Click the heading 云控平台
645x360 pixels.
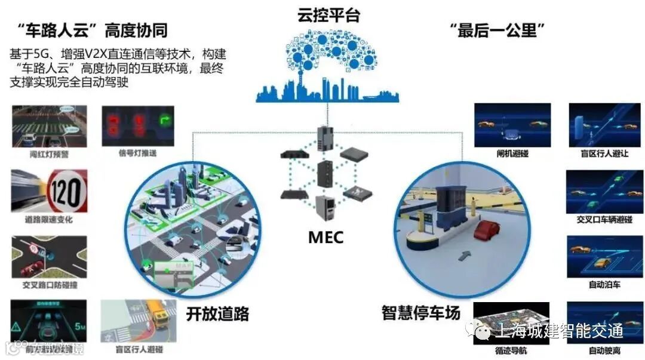328,15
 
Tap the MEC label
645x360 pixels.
325,237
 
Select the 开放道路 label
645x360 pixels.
217,313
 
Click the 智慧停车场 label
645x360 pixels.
421,312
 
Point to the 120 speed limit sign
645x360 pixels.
67,190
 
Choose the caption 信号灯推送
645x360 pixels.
139,153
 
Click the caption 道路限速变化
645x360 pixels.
49,220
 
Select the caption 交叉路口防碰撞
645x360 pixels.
49,285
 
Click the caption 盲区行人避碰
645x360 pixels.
138,349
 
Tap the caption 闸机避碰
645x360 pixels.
512,153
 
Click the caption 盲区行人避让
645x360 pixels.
605,153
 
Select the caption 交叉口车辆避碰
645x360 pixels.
604,219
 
